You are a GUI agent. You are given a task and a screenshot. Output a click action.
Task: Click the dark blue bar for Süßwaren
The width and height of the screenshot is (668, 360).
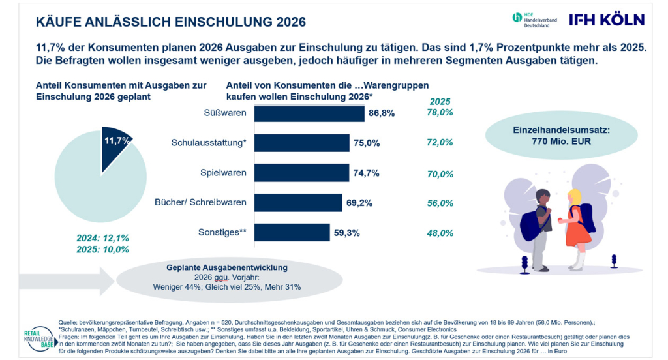click(309, 113)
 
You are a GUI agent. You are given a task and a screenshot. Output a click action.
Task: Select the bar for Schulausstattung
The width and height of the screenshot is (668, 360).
click(302, 143)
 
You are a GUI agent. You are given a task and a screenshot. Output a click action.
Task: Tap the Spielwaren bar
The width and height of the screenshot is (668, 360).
click(301, 173)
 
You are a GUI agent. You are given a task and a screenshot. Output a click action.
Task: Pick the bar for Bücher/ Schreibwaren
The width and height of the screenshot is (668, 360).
click(298, 203)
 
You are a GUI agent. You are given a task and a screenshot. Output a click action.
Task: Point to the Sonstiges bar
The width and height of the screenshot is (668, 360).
click(292, 233)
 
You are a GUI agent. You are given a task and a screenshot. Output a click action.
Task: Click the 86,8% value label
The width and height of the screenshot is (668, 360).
click(382, 113)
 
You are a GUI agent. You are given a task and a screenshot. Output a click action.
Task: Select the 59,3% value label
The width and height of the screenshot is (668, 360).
click(347, 233)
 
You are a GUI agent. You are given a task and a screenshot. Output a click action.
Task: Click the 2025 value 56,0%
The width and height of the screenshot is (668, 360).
click(440, 203)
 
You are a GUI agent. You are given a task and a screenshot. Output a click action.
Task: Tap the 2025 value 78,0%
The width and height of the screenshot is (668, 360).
click(440, 112)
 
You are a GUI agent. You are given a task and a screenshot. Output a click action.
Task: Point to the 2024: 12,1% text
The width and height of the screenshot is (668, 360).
click(102, 238)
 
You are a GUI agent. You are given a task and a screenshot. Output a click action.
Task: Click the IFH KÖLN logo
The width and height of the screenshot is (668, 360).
click(607, 20)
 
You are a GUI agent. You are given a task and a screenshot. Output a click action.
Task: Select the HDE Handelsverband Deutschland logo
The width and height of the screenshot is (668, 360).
click(535, 20)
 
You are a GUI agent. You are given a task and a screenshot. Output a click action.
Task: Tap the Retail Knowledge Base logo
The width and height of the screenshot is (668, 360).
click(40, 339)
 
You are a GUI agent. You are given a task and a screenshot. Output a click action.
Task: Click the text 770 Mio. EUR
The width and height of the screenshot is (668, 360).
click(561, 142)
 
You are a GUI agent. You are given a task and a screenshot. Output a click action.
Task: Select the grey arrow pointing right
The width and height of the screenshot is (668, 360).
click(67, 281)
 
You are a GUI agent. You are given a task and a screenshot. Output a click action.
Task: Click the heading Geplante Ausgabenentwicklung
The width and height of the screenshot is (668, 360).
click(226, 267)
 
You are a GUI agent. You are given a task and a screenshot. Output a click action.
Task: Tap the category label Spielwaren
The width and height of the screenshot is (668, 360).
click(223, 173)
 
